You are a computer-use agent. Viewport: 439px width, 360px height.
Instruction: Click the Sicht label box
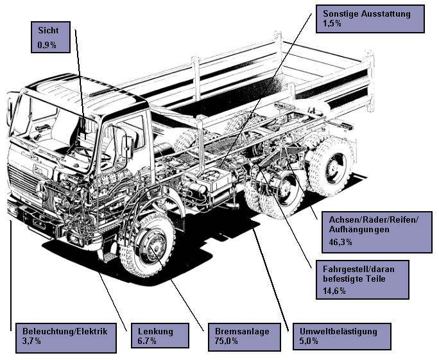pyautogui.click(x=51, y=37)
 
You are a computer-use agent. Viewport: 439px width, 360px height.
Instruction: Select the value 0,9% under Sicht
pyautogui.click(x=47, y=45)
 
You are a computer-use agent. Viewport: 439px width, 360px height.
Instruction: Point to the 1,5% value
pyautogui.click(x=332, y=23)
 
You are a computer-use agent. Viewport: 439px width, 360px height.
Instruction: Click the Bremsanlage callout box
pyautogui.click(x=243, y=336)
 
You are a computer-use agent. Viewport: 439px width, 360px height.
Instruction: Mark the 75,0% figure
pyautogui.click(x=227, y=341)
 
